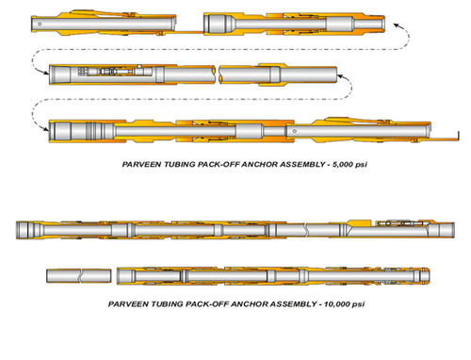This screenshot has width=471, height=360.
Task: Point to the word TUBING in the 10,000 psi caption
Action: pyautogui.click(x=160, y=304)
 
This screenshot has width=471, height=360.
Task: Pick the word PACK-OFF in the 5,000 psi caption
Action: pyautogui.click(x=204, y=163)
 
